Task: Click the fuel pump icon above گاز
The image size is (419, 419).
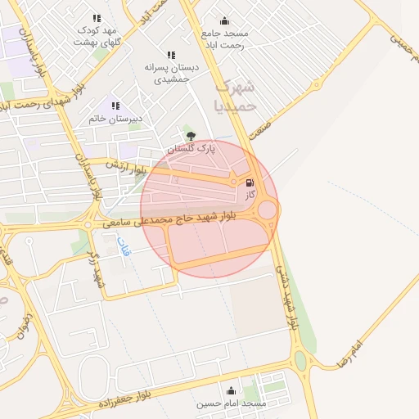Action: (250, 182)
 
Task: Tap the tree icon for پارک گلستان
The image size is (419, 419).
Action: (191, 136)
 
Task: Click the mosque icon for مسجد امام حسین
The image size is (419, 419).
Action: (231, 390)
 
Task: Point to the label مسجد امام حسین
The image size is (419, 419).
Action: (232, 403)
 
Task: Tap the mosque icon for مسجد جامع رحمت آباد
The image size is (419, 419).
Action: (225, 21)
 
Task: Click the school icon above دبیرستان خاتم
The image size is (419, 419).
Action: (115, 106)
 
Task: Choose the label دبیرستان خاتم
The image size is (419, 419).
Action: (116, 119)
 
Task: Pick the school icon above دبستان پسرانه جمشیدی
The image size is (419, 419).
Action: (171, 54)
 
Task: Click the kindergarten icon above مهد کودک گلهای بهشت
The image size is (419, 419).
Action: (97, 18)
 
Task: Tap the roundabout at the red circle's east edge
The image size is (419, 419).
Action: (268, 209)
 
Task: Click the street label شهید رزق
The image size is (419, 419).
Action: (97, 269)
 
